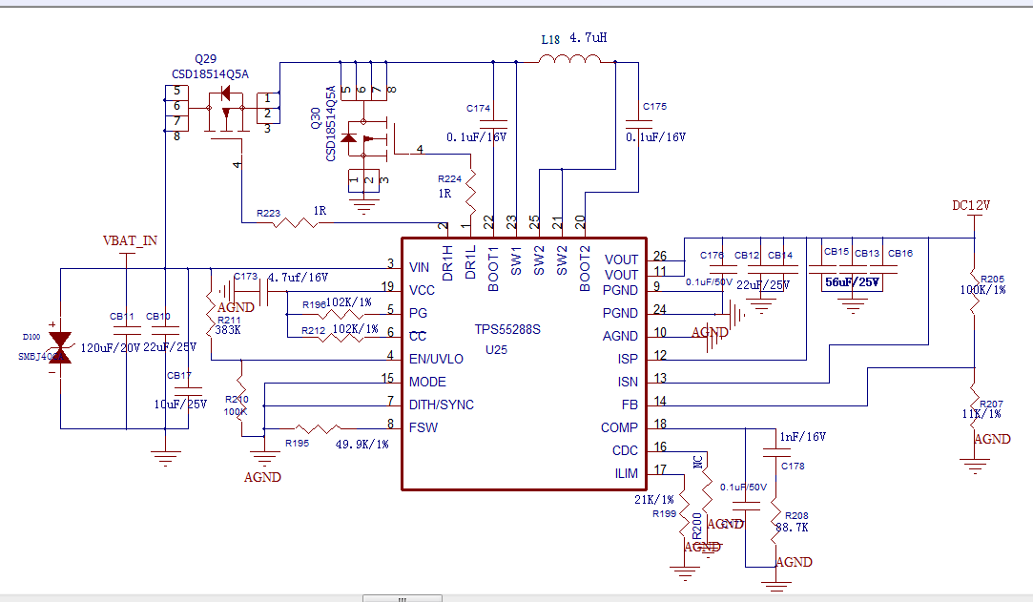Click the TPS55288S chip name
click(508, 329)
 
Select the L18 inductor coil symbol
click(570, 60)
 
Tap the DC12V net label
click(971, 205)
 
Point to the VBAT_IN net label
click(130, 240)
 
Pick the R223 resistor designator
click(268, 214)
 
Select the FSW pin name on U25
click(423, 427)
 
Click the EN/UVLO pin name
click(436, 359)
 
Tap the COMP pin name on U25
click(619, 427)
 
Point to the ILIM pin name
click(626, 473)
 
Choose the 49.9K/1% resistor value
click(362, 444)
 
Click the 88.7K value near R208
click(792, 527)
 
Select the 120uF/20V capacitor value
click(110, 348)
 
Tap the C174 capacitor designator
click(478, 109)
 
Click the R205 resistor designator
click(992, 279)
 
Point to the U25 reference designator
click(495, 350)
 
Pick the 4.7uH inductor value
click(588, 39)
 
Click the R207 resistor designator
click(992, 404)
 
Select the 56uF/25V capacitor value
click(851, 283)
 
